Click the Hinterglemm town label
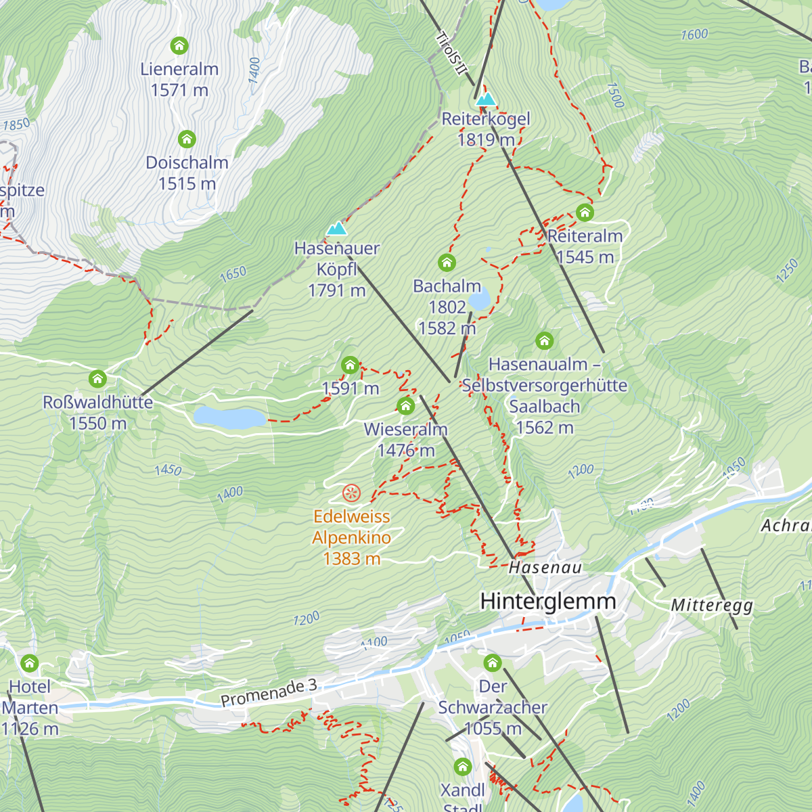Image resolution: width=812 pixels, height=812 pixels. [x=547, y=601]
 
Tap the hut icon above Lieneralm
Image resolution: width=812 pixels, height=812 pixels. [x=179, y=45]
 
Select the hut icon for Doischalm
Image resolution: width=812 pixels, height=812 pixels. [x=187, y=139]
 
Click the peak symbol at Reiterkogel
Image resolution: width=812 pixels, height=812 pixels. [x=486, y=100]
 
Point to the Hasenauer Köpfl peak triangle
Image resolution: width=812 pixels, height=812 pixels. [x=336, y=229]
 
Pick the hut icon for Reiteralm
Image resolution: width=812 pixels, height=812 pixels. [x=585, y=213]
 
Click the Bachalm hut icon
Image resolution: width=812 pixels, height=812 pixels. [x=447, y=263]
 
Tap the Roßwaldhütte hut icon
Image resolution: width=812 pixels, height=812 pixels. [x=98, y=379]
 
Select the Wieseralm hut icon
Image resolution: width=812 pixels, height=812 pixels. [x=405, y=406]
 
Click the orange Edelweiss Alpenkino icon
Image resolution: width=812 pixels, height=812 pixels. [x=351, y=493]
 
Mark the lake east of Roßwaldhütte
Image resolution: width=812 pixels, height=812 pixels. [x=229, y=418]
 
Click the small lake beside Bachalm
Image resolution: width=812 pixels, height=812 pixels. [x=479, y=298]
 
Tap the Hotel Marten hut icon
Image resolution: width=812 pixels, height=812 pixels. [x=30, y=663]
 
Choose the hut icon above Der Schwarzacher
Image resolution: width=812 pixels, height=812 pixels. [x=493, y=662]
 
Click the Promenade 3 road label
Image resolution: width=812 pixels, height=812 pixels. [x=269, y=693]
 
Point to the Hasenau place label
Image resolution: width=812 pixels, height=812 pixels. [x=545, y=568]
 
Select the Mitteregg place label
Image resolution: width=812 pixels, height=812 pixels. [x=711, y=605]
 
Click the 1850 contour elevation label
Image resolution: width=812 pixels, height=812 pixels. [x=16, y=125]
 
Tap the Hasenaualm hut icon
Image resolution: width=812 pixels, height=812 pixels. [x=545, y=341]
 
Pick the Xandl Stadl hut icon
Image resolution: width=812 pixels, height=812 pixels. [x=463, y=767]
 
